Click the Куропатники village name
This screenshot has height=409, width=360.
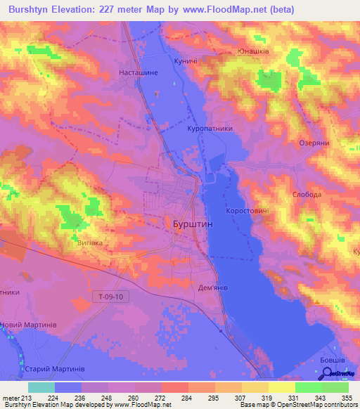(211, 129)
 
